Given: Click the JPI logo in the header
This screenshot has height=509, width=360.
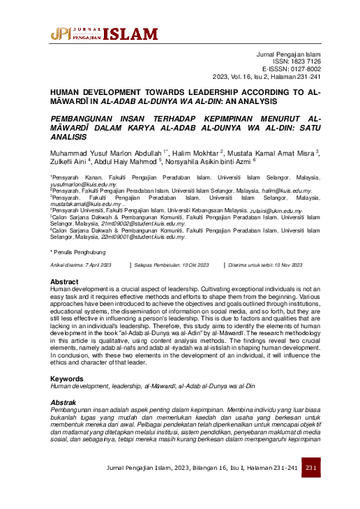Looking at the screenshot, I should pyautogui.click(x=60, y=33).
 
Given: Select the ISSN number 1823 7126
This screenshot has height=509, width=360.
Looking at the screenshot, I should pyautogui.click(x=303, y=61).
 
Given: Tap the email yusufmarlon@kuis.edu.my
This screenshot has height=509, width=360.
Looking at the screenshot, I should pyautogui.click(x=83, y=184).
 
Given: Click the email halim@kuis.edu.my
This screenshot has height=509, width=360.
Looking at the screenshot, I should pyautogui.click(x=285, y=191).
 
